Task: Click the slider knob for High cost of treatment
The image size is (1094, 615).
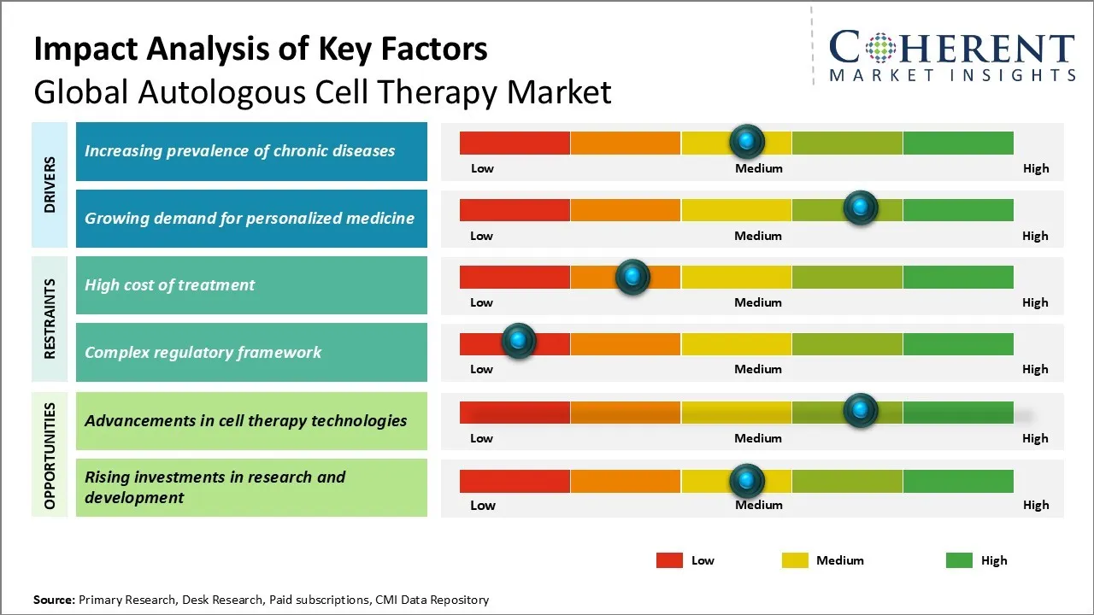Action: pos(632,277)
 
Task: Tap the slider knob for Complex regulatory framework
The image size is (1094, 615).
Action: pos(518,340)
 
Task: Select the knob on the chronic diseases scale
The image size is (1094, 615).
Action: pos(747,140)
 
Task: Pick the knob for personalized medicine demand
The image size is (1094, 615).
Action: pos(860,208)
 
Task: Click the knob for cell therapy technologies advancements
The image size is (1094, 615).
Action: pos(860,410)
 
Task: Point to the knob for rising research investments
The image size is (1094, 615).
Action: pos(747,481)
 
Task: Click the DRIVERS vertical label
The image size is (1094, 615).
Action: pos(50,184)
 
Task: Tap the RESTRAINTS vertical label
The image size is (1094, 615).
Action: pos(50,319)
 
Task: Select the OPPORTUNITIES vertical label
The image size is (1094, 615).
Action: pos(50,455)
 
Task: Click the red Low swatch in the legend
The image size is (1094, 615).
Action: pos(669,560)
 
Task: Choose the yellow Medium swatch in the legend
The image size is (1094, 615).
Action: pos(795,560)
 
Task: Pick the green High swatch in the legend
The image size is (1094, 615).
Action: pos(959,560)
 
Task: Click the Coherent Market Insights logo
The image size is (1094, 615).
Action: pos(952,56)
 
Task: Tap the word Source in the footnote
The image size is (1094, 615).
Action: pos(53,600)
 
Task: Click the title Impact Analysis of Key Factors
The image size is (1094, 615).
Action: pos(261,50)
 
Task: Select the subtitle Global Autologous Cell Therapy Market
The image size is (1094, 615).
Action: pos(322,91)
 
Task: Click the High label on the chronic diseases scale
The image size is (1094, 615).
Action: pos(1035,168)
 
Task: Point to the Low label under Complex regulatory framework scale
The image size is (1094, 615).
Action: pos(481,369)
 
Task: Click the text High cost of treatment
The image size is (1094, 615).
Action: pos(169,285)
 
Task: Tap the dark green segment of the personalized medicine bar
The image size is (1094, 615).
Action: pos(957,210)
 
